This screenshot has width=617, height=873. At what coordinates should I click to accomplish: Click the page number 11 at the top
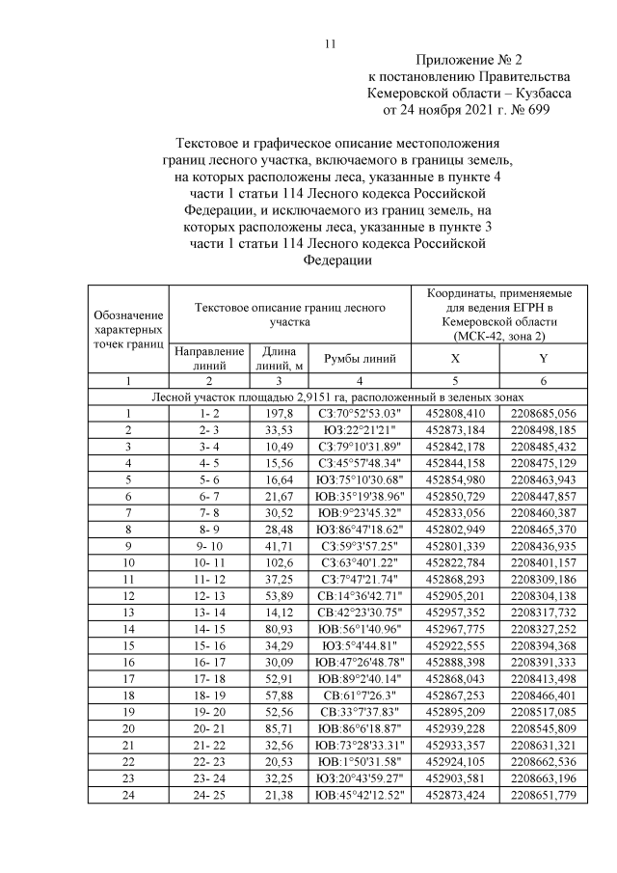(x=329, y=43)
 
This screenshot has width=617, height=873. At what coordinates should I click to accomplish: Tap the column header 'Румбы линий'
(x=360, y=358)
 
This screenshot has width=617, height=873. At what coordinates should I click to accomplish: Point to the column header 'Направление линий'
(x=208, y=358)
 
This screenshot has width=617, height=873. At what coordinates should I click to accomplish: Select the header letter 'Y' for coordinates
(x=543, y=358)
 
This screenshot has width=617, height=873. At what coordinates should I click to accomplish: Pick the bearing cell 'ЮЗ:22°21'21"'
(x=360, y=429)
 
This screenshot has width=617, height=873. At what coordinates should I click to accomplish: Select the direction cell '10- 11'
(x=208, y=560)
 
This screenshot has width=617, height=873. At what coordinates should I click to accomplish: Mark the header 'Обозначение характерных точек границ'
(x=128, y=328)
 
